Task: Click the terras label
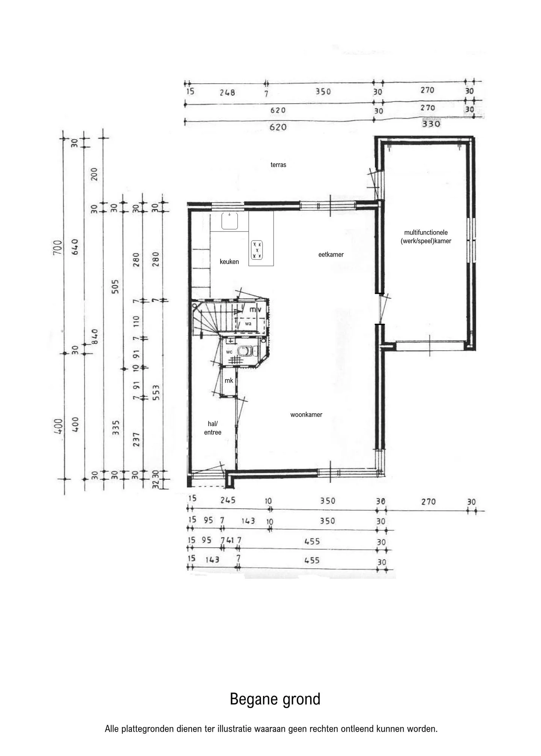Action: [x=278, y=165]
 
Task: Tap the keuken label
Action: [x=229, y=262]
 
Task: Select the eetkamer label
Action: [x=331, y=255]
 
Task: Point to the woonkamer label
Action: [x=306, y=415]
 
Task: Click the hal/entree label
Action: [x=213, y=428]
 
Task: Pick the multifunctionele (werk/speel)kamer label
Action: [x=426, y=237]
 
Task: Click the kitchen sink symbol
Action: [x=230, y=221]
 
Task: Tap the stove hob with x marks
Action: [x=257, y=250]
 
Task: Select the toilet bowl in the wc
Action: [x=246, y=351]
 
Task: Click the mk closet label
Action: [x=229, y=381]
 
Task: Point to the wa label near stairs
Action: [x=248, y=324]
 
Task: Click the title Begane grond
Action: [x=275, y=699]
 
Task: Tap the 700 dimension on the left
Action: [x=57, y=247]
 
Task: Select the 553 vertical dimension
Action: [x=156, y=392]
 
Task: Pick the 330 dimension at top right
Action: [x=431, y=123]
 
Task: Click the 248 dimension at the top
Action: [x=227, y=92]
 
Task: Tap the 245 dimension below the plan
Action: [x=228, y=500]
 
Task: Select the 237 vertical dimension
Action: [x=136, y=440]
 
